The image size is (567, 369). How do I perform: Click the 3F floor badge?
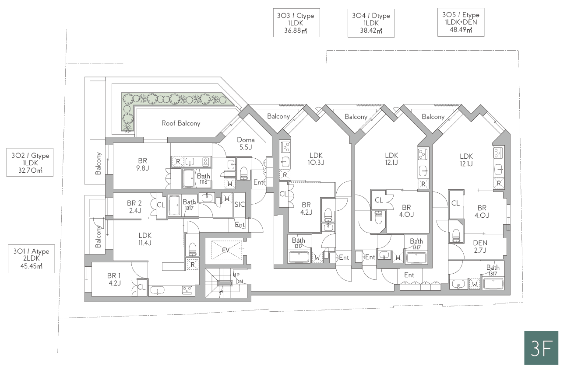[x=541, y=348]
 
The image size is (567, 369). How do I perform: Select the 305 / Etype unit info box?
[x=461, y=22]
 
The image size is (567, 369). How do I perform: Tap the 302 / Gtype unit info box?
[x=30, y=162]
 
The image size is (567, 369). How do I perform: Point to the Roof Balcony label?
[x=181, y=123]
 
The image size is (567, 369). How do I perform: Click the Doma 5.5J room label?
[x=246, y=143]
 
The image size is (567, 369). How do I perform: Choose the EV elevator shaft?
[x=226, y=250]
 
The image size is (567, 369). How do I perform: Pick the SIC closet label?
[x=239, y=204]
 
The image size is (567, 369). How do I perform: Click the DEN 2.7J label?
[x=480, y=247]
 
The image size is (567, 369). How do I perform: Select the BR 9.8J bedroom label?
[x=142, y=164]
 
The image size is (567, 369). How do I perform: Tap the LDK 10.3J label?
[x=316, y=159]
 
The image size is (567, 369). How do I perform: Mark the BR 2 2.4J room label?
[x=134, y=207]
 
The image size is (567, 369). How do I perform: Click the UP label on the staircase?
[x=236, y=275]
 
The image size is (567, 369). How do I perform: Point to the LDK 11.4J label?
[x=145, y=239]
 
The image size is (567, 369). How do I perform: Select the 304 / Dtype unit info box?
[x=371, y=23]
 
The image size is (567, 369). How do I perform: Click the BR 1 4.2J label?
[x=114, y=279]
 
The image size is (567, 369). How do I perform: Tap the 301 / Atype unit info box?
[x=32, y=258]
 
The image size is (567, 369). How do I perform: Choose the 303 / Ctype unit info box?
[x=296, y=23]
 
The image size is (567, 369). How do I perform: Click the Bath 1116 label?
[x=204, y=178]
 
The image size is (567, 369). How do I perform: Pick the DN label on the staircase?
[x=239, y=282]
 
